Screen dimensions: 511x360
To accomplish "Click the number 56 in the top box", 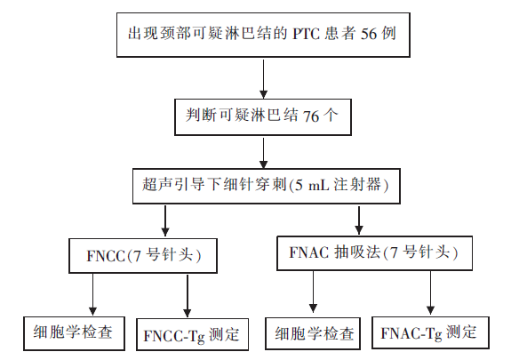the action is pos(369,34).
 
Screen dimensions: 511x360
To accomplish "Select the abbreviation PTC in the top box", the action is pos(307,34).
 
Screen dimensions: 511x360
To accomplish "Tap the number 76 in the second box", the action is pos(311,116).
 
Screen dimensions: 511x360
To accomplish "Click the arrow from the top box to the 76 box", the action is pos(263,78).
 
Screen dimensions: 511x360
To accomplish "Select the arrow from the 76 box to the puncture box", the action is pos(263,153).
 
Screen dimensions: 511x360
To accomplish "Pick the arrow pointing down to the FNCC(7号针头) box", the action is pos(165,220).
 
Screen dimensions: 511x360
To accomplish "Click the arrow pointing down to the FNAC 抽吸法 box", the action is pos(359,220).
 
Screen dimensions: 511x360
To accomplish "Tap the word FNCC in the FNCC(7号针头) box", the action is pos(106,256).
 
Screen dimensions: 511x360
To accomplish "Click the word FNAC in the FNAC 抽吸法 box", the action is pos(309,252).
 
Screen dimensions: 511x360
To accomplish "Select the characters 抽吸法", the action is pos(357,252).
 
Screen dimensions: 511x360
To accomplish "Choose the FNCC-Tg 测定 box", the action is pos(192,334).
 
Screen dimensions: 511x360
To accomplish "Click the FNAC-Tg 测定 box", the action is pos(430,332).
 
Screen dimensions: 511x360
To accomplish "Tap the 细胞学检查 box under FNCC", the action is pos(74,333).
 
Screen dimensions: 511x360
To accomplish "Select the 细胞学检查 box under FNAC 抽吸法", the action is pos(313,333).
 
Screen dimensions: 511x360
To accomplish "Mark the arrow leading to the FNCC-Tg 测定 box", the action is pos(187,295).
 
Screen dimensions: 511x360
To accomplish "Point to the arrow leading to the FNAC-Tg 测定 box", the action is pos(430,292).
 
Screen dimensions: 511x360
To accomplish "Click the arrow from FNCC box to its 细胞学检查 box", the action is pos(93,294).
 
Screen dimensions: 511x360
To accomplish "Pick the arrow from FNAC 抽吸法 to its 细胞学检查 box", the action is pos(313,292).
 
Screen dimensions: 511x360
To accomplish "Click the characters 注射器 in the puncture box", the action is pos(357,185).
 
